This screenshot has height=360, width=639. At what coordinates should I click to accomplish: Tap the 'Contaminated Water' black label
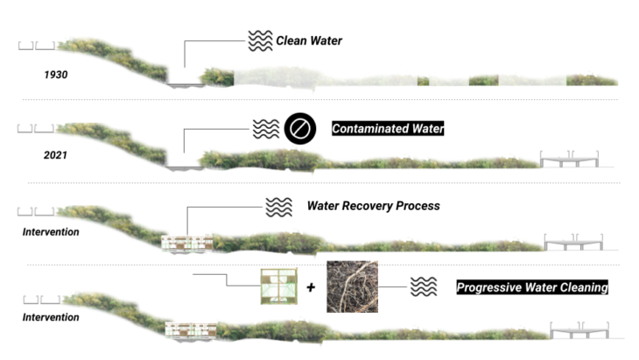pos(388,129)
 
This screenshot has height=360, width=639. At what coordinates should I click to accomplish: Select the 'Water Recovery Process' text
pos(373,207)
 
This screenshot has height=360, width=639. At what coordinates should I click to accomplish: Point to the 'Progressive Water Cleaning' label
pos(532,287)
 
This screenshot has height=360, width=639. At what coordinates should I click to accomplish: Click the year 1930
pos(56,74)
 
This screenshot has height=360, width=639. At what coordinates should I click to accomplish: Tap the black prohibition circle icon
pos(298,129)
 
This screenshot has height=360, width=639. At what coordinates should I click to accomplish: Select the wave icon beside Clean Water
pos(260,40)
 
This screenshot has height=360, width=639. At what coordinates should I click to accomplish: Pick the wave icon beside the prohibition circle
pos(265,129)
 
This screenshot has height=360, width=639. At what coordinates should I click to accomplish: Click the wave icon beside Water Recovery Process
pos(277,208)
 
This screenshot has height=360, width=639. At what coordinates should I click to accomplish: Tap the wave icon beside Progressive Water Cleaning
pos(424,287)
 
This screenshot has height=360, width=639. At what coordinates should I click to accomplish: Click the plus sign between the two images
pos(311,286)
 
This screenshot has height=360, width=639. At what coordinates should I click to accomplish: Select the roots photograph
pos(353,286)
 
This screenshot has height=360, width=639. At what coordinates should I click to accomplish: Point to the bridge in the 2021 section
pos(570,159)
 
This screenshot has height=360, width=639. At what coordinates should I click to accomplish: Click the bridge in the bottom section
pos(580,329)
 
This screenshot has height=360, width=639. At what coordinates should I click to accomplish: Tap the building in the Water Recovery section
pos(189,244)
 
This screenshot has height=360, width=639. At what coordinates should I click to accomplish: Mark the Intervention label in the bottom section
pos(51,316)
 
